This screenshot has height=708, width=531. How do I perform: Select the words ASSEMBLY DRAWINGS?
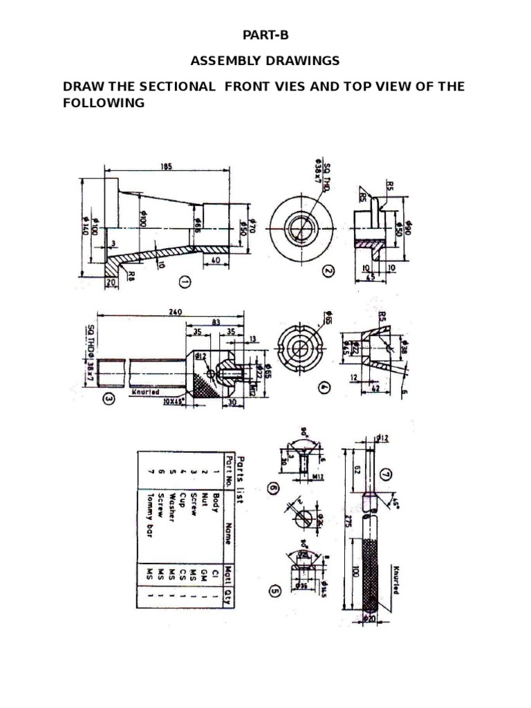265,61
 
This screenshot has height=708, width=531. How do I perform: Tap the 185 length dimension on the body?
165,167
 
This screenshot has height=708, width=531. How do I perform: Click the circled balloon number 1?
185,281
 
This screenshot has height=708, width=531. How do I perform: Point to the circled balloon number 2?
328,271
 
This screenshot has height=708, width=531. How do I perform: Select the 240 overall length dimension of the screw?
175,313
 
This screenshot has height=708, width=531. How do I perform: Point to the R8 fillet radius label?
131,274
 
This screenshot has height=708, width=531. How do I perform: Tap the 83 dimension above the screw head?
217,322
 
